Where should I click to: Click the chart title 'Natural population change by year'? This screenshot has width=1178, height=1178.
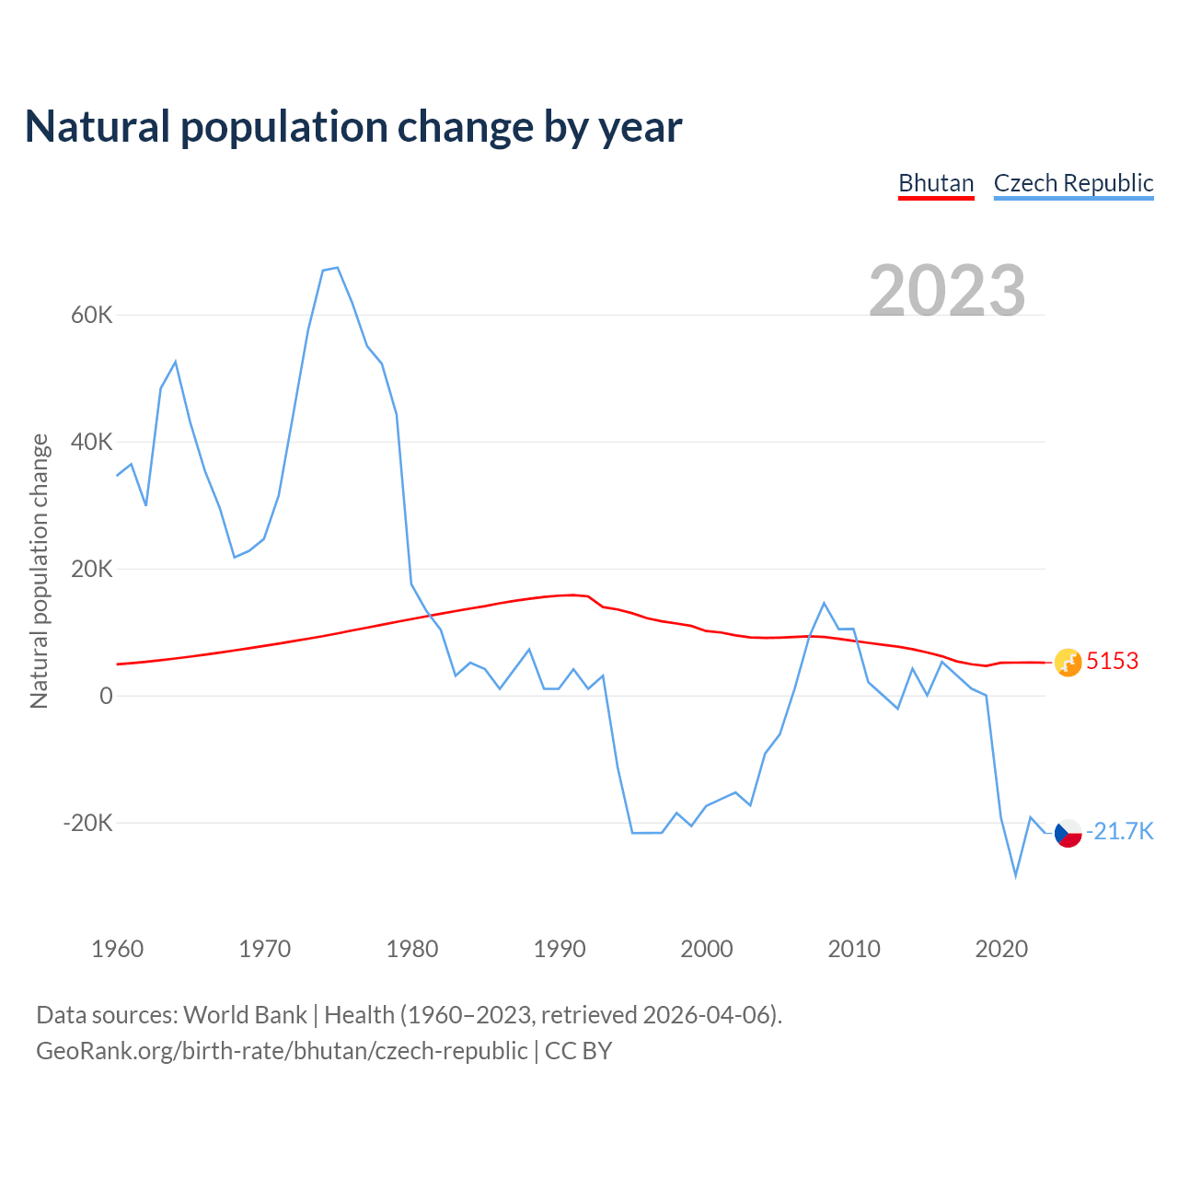[x=353, y=127]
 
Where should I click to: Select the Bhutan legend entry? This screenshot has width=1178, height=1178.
[x=936, y=183]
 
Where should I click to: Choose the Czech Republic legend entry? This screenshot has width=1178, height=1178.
[x=1073, y=183]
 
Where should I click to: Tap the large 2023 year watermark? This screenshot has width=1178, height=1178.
[x=947, y=290]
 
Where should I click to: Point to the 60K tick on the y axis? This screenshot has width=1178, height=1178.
[x=91, y=316]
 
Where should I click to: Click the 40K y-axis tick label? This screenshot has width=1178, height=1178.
[x=91, y=443]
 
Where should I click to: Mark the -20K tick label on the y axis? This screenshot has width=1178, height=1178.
[x=87, y=823]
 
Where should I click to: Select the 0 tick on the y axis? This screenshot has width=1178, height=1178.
[x=106, y=697]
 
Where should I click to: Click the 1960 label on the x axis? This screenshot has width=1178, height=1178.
[x=118, y=949]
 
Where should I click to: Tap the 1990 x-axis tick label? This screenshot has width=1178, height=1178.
[x=560, y=949]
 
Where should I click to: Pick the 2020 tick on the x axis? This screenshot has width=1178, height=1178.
[x=1001, y=949]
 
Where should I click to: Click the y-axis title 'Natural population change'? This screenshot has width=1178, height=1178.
[x=39, y=572]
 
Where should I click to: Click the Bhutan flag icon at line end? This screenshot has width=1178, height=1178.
[x=1068, y=663]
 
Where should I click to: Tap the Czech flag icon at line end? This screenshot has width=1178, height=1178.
[x=1068, y=833]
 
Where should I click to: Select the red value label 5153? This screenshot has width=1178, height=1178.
[x=1112, y=662]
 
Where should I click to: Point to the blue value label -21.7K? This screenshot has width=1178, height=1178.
[x=1119, y=832]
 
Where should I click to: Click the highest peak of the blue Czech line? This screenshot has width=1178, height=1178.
[x=338, y=268]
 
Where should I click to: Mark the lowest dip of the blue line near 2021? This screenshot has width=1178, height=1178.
[x=1016, y=875]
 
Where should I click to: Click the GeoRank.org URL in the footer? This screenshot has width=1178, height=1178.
[x=282, y=1051]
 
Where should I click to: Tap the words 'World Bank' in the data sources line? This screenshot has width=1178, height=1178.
[x=245, y=1015]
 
